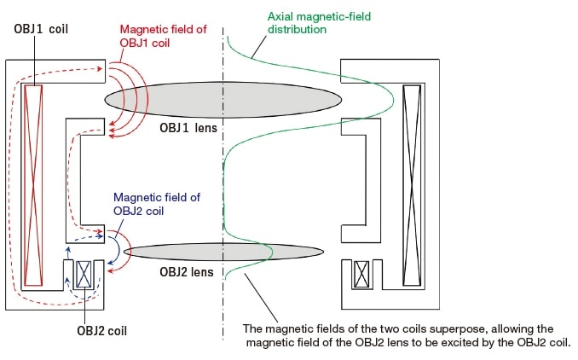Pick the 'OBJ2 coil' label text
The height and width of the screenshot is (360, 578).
coord(87,328)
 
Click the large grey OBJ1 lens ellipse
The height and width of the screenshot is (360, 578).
coord(224,98)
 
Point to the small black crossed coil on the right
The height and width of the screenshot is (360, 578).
coord(361,275)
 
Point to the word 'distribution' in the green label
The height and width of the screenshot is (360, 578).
coord(298,29)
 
